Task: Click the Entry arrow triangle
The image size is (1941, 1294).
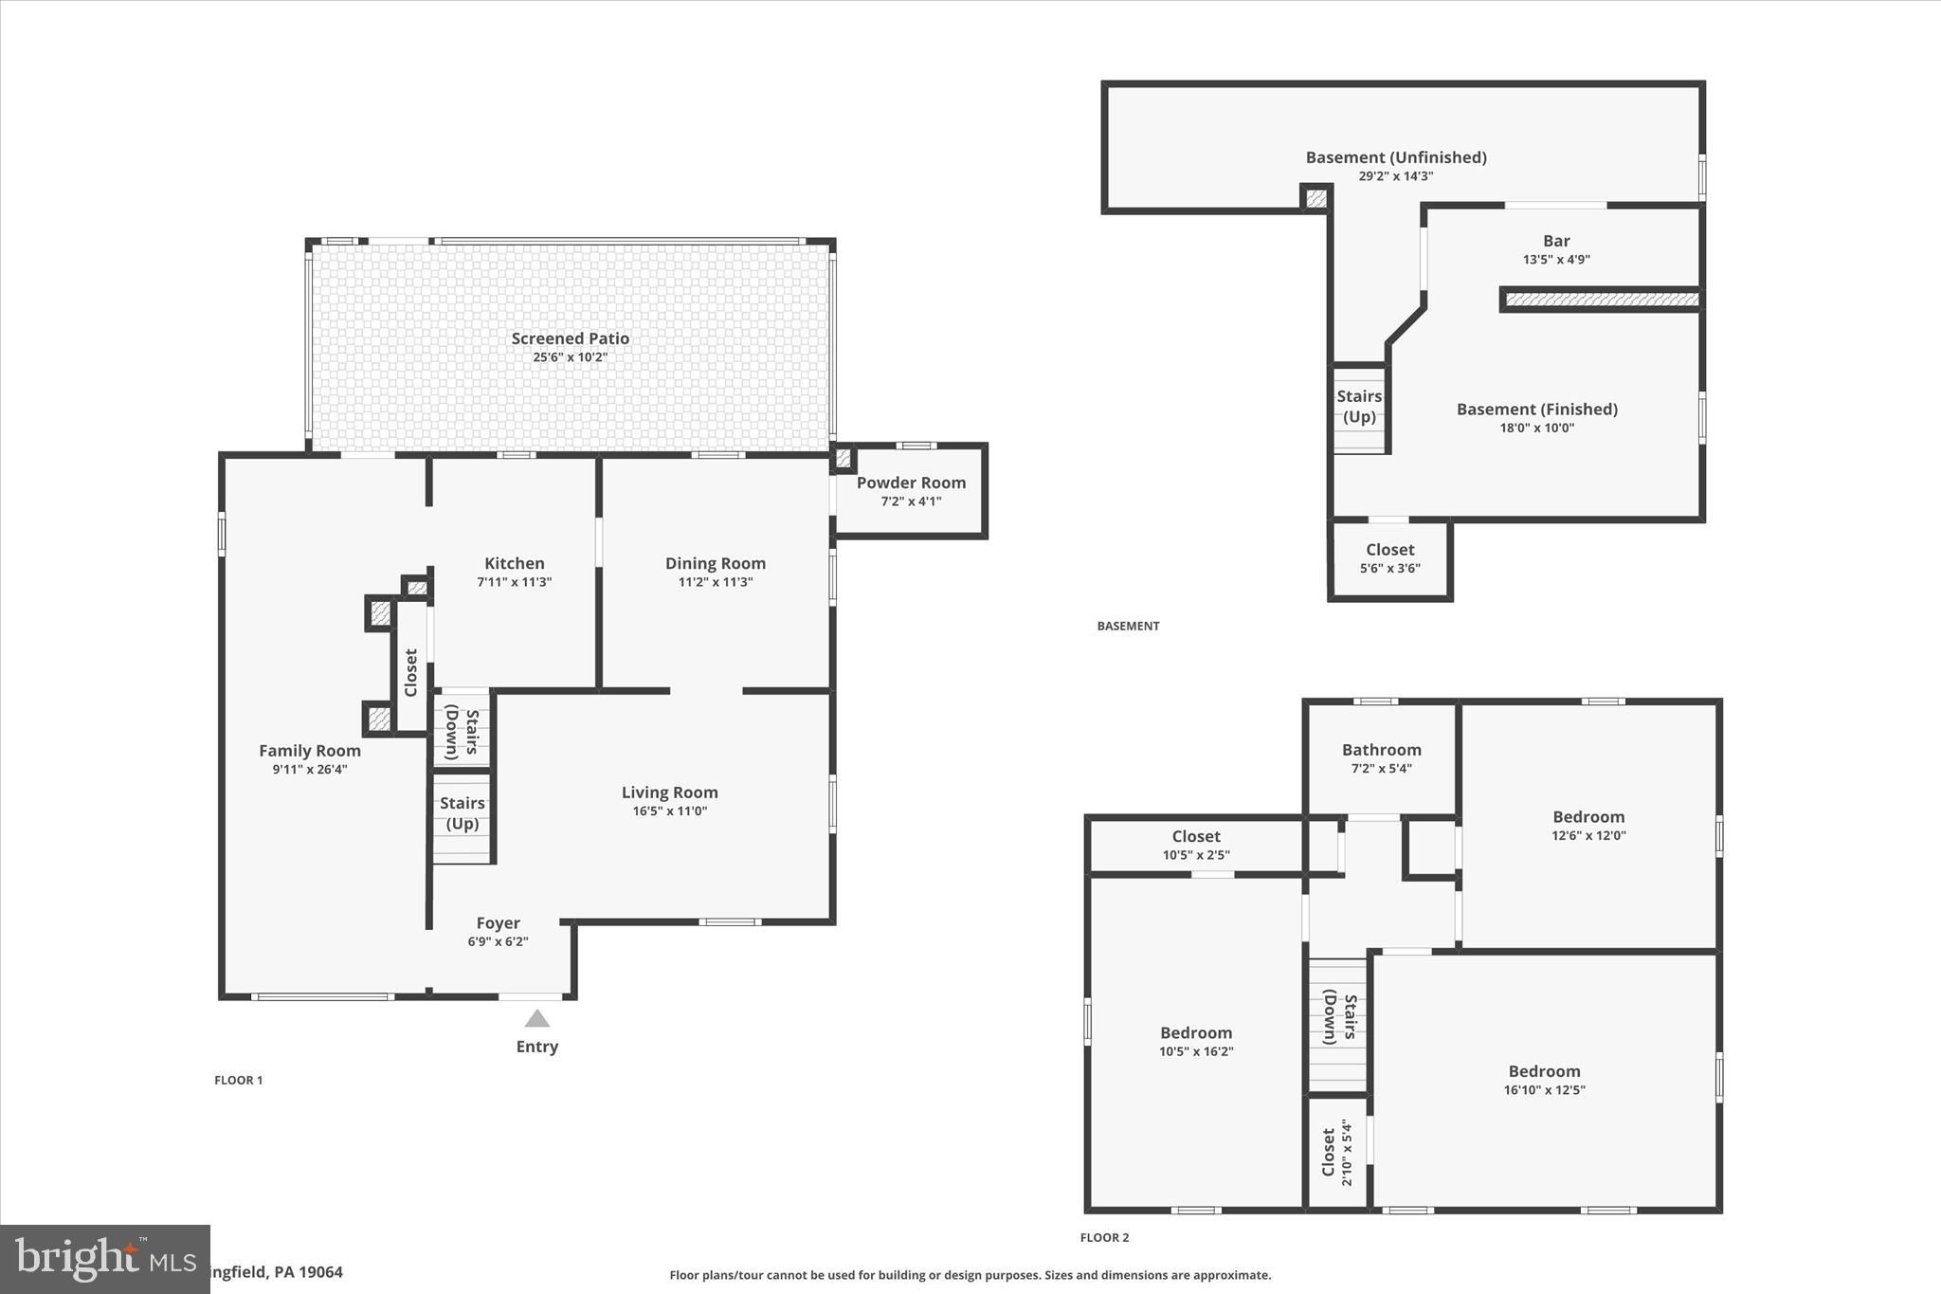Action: (x=537, y=1019)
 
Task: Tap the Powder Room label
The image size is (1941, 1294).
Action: (x=911, y=483)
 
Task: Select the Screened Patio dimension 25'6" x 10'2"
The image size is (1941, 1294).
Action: (x=570, y=357)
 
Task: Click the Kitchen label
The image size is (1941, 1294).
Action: (x=514, y=563)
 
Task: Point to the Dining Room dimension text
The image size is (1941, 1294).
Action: (x=715, y=582)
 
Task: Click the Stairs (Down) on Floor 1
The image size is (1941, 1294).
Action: (x=463, y=732)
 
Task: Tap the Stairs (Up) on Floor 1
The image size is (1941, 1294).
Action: (x=463, y=813)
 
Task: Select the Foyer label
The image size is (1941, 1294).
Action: (x=498, y=922)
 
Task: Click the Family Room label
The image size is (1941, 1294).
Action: (x=310, y=751)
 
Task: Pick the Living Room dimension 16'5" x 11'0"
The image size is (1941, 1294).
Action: (x=669, y=811)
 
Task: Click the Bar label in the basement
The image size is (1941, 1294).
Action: (x=1556, y=241)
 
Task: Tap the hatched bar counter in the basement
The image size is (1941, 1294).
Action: (x=1602, y=300)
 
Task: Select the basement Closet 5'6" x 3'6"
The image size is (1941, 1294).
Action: (x=1389, y=558)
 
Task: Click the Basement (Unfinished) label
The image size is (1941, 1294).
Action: (x=1395, y=157)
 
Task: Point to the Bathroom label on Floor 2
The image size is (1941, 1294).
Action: (x=1381, y=750)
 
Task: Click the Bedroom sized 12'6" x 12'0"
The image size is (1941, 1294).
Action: (x=1588, y=817)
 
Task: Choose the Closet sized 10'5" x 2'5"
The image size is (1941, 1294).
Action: (x=1195, y=845)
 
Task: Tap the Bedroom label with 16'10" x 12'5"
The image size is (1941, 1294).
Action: (x=1544, y=1071)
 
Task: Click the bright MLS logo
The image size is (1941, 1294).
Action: (x=104, y=1258)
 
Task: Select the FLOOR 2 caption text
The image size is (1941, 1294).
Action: (x=1104, y=1237)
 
